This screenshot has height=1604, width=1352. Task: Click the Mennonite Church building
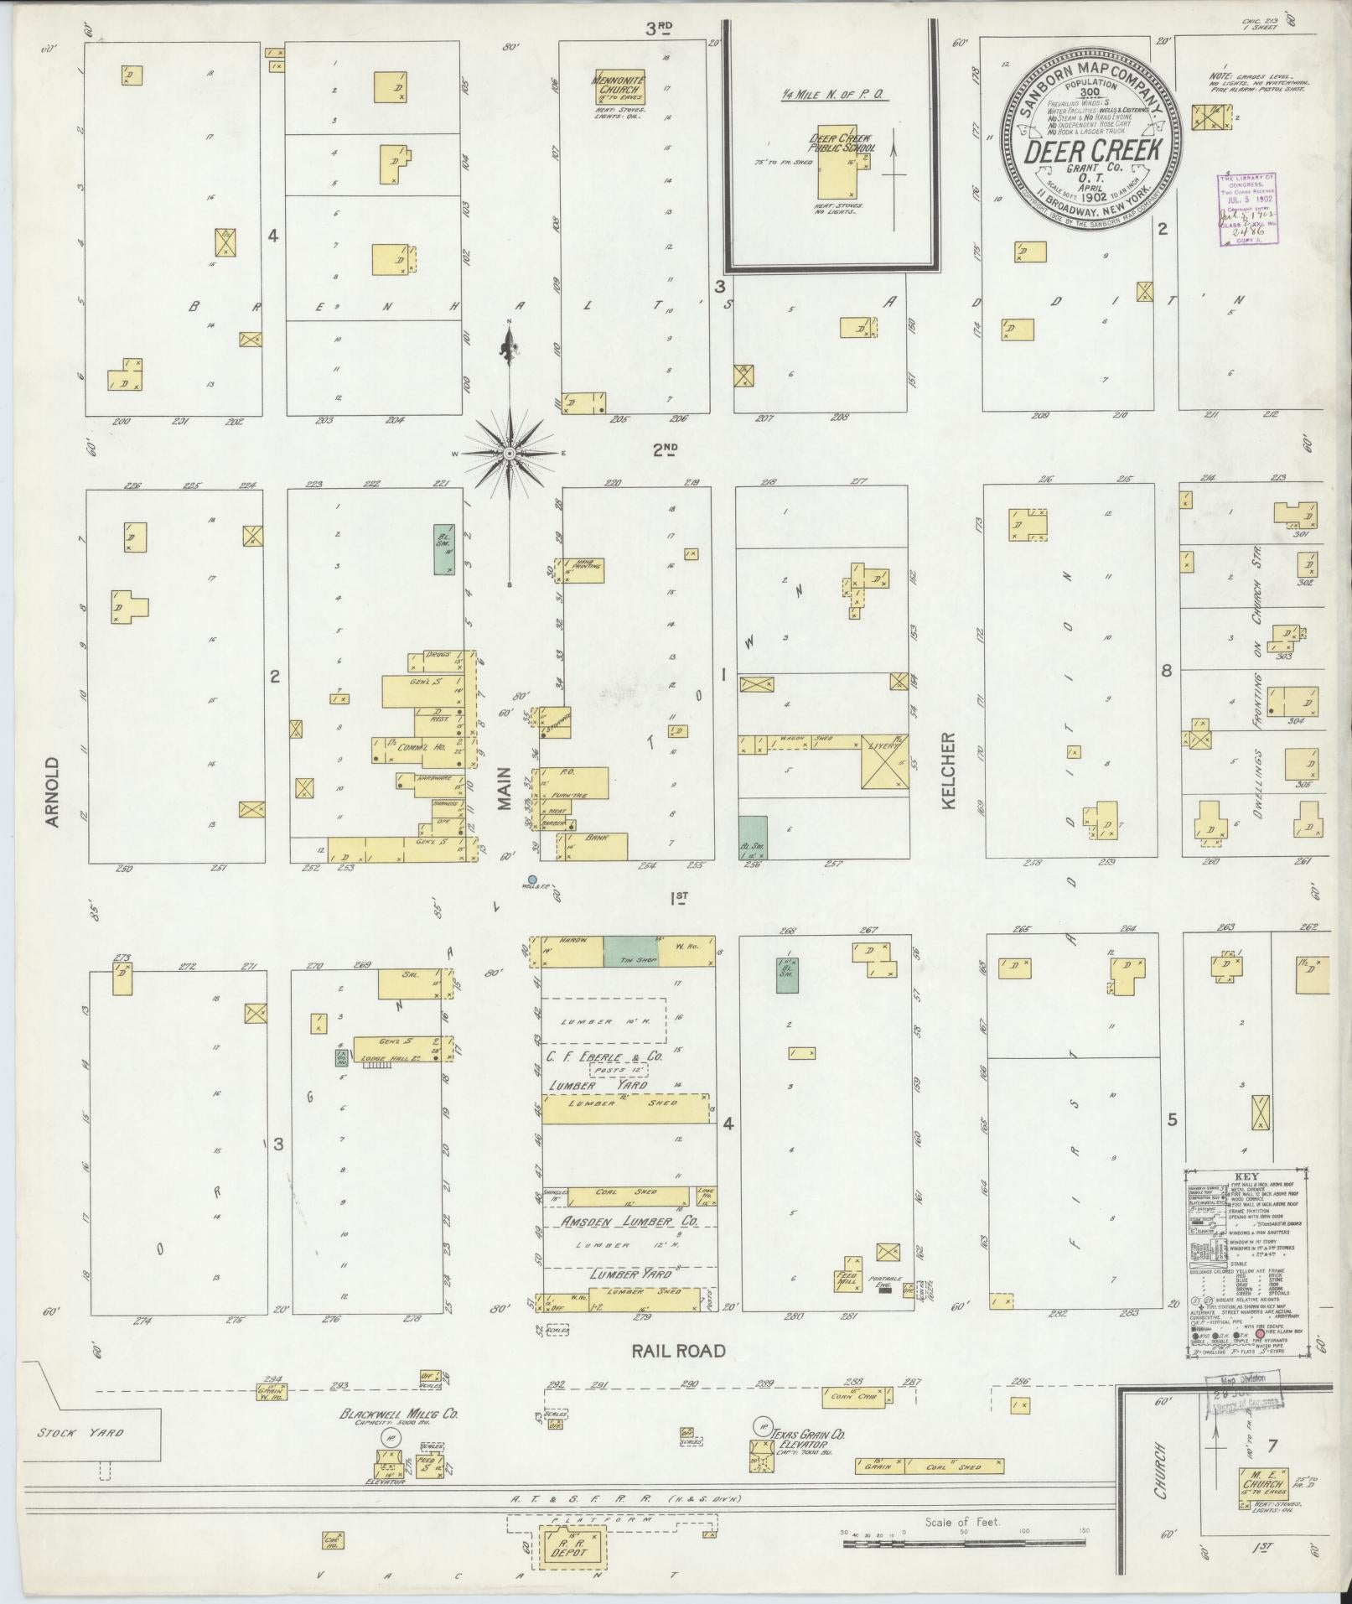tap(620, 86)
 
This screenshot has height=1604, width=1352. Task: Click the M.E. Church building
tap(1262, 1483)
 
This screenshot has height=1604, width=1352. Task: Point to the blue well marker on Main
tap(531, 880)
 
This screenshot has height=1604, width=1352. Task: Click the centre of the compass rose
tap(509, 454)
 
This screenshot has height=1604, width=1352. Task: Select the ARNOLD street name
tap(53, 792)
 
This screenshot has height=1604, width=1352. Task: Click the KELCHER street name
tap(948, 771)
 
